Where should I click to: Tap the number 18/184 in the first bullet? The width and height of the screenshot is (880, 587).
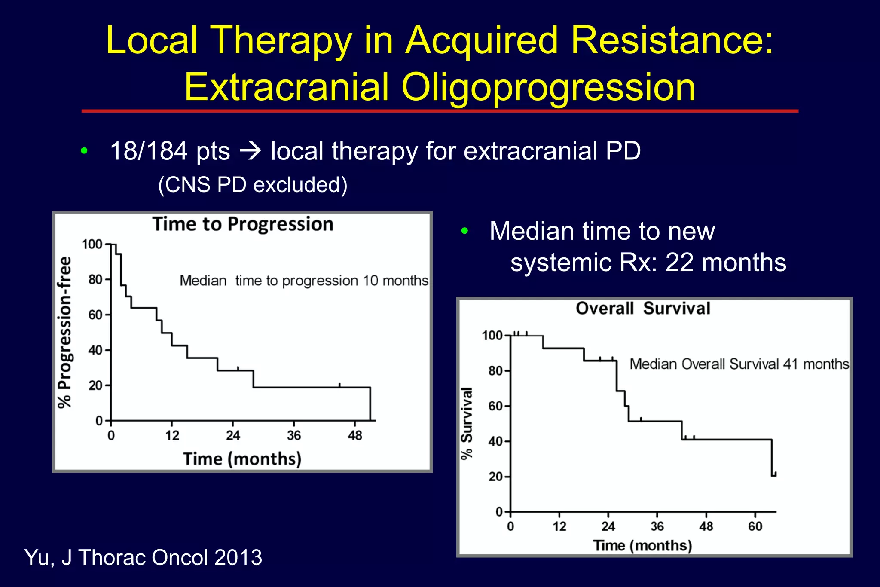(x=149, y=151)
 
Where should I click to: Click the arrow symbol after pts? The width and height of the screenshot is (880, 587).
(x=250, y=151)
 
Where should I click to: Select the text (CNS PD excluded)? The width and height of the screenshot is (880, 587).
(x=253, y=185)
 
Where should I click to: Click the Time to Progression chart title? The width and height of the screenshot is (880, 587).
(x=243, y=224)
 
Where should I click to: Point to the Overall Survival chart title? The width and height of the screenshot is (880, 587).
(x=643, y=309)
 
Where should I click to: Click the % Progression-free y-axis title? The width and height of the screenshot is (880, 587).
(x=65, y=332)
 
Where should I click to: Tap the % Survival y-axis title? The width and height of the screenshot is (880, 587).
(x=467, y=423)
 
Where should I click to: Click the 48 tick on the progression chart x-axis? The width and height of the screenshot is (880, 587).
(x=355, y=436)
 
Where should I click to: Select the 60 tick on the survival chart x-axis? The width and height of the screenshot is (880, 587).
(x=755, y=526)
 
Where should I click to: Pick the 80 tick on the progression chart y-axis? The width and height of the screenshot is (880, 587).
(x=95, y=280)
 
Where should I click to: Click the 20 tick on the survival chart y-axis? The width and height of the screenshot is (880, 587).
(x=495, y=477)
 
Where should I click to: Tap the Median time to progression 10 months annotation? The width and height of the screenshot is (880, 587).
(x=304, y=281)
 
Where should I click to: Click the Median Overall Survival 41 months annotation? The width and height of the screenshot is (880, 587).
(x=739, y=364)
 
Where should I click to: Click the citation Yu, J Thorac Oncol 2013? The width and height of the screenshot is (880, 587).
(x=143, y=557)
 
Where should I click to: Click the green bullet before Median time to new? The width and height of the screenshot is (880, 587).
(x=464, y=231)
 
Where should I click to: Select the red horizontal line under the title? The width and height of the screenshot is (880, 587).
(x=440, y=111)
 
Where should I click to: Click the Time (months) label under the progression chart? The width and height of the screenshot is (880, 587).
(x=242, y=459)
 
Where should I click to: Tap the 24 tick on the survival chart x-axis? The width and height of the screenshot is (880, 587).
(x=608, y=526)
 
